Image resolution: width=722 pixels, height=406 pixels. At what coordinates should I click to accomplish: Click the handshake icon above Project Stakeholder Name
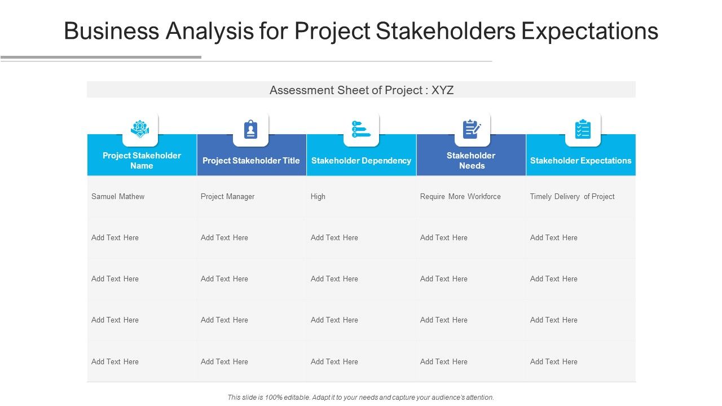[140, 130]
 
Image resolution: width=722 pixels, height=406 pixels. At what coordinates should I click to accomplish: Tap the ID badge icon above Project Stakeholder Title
[250, 130]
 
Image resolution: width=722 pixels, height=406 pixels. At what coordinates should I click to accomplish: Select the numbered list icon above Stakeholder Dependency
[361, 130]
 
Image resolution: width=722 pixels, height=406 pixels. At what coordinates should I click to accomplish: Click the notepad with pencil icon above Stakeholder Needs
[472, 130]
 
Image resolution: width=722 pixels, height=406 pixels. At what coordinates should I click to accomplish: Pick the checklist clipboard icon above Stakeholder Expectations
[583, 130]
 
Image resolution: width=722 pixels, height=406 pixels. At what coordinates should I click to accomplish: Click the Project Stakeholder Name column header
[142, 161]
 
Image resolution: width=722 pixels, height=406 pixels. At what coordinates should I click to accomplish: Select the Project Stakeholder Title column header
[251, 161]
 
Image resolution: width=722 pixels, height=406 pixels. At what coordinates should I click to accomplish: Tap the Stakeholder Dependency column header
[361, 161]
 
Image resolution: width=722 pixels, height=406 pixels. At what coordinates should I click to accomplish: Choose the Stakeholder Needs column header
[471, 161]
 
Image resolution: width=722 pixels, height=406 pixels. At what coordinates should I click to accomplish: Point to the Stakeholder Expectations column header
[580, 161]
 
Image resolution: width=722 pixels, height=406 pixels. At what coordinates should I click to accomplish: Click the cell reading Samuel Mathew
[118, 197]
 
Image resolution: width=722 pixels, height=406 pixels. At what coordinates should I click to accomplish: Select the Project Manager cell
[227, 197]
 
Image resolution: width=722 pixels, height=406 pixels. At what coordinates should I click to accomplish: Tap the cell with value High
[318, 197]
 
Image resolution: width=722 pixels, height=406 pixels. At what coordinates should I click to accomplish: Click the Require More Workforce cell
[460, 197]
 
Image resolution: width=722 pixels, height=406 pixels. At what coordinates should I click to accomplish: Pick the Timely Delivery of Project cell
[572, 197]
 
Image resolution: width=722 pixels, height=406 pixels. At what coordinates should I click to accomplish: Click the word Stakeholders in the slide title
[446, 31]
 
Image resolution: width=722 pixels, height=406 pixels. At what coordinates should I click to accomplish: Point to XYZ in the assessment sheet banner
[442, 90]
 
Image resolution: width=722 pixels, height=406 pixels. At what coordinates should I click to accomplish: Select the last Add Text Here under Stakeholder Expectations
[553, 362]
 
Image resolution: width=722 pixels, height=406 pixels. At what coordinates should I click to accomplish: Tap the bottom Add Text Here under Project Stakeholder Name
[115, 362]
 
